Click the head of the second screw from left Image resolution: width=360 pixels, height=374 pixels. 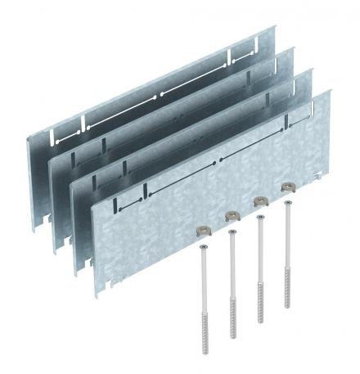[x=232, y=232]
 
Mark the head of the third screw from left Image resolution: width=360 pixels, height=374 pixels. [x=259, y=217]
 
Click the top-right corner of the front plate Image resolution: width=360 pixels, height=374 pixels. [x=330, y=92]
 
